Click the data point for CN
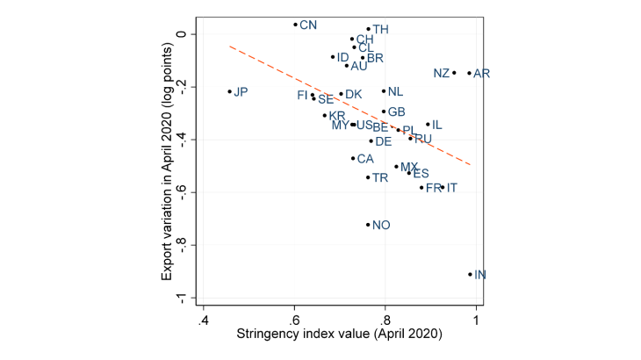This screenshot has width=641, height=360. [295, 25]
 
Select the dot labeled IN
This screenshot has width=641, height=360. [471, 274]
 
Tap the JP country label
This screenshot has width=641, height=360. [241, 91]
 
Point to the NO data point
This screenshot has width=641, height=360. [368, 225]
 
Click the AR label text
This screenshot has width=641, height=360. [481, 73]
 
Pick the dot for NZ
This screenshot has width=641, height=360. [454, 73]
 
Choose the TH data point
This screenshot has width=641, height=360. [368, 29]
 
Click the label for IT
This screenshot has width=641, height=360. [451, 188]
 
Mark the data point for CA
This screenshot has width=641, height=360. [353, 158]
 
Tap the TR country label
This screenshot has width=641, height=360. [380, 177]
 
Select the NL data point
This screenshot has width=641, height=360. [384, 91]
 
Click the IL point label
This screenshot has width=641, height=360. [436, 125]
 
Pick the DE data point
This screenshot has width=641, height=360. [371, 140]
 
